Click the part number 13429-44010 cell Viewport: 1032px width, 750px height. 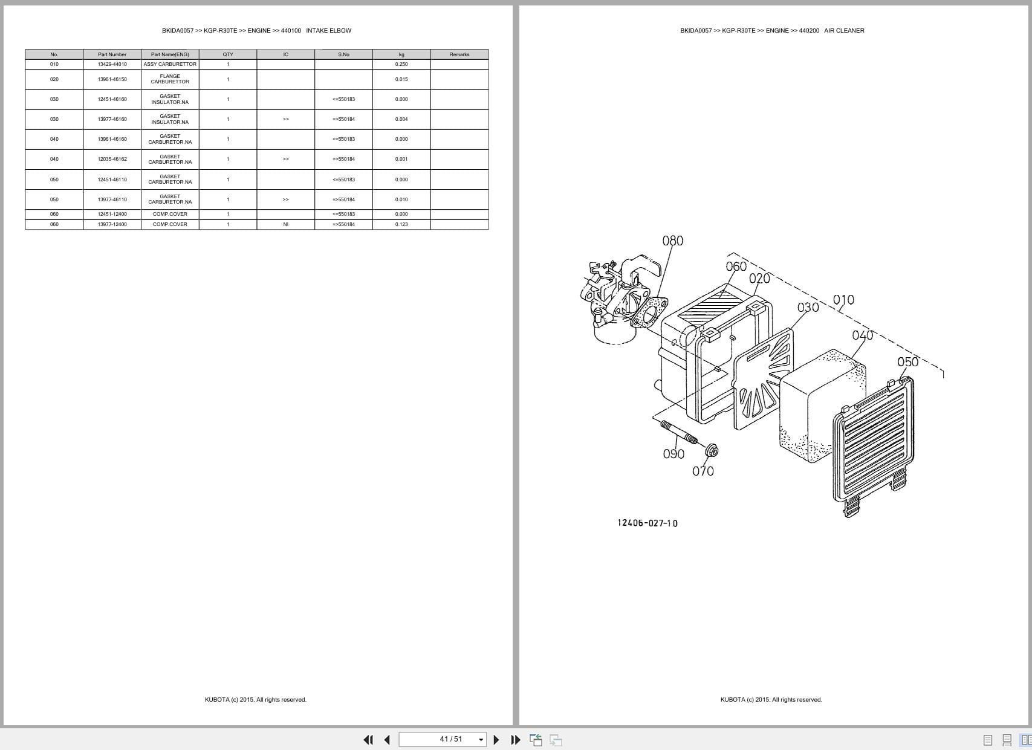coord(112,64)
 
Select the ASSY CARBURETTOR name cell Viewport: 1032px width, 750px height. coord(170,64)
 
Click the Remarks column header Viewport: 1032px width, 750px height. coord(459,54)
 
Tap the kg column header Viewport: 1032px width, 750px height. coord(401,54)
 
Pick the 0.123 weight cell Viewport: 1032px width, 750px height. coord(401,224)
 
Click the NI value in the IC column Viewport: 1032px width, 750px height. coord(285,224)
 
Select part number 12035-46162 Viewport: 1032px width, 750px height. coord(112,159)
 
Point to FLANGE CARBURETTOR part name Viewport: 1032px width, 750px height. coord(170,79)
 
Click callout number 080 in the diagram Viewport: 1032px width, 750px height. coord(673,241)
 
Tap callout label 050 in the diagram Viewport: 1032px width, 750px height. coord(907,362)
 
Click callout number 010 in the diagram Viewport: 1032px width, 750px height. coord(843,300)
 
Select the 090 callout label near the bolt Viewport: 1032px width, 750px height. coord(673,454)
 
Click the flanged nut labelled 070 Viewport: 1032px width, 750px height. coord(711,450)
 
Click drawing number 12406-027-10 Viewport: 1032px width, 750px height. coord(647,523)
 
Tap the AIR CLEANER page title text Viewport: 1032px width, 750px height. coord(844,30)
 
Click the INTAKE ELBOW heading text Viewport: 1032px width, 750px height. coord(328,30)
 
